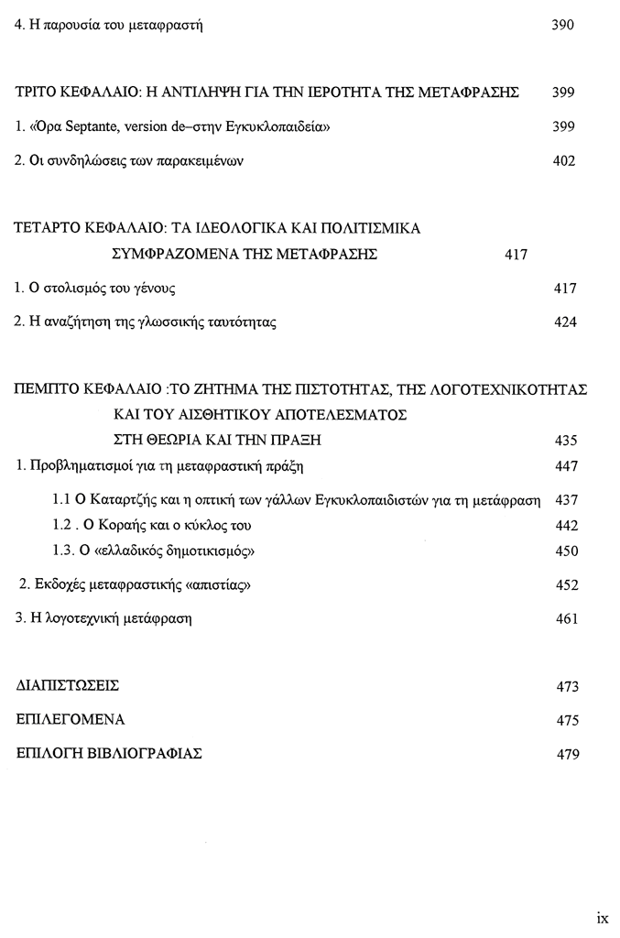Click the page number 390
coord(562,26)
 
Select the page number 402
coord(564,161)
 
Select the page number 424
coord(565,322)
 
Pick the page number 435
coord(566,441)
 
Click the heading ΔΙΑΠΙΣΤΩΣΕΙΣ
coord(69,686)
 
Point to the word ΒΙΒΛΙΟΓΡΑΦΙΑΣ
coord(139,754)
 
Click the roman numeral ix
coord(602,917)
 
